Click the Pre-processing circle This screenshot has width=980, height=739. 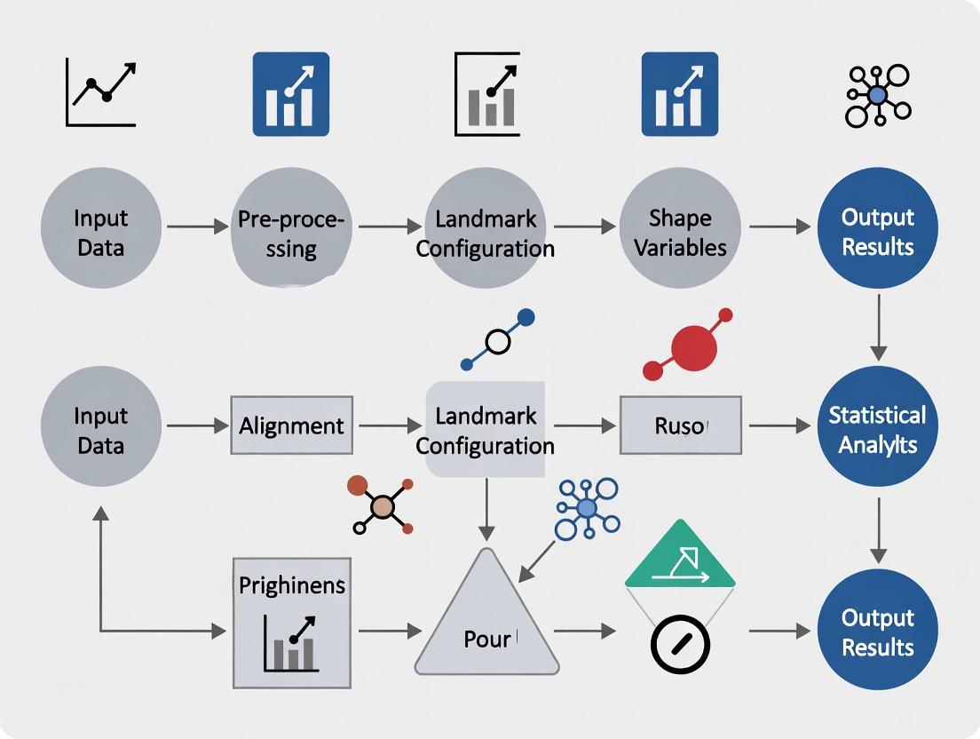[x=290, y=228]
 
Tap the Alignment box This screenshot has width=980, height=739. [x=291, y=425]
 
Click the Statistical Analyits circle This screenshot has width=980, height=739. [x=877, y=427]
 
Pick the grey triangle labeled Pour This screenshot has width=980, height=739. [x=486, y=622]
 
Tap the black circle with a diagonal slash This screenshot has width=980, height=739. [x=679, y=644]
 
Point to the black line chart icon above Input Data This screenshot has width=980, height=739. [x=100, y=93]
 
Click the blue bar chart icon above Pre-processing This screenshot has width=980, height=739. [x=290, y=93]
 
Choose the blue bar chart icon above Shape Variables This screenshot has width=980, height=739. [x=679, y=93]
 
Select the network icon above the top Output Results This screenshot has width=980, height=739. [x=877, y=95]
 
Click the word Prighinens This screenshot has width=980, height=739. [x=292, y=585]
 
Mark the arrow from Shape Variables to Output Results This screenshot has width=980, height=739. [x=778, y=227]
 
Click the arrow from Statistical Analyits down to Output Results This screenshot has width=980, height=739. [x=878, y=529]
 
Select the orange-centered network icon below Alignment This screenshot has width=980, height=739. [x=382, y=506]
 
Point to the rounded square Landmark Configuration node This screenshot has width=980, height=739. [x=485, y=428]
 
